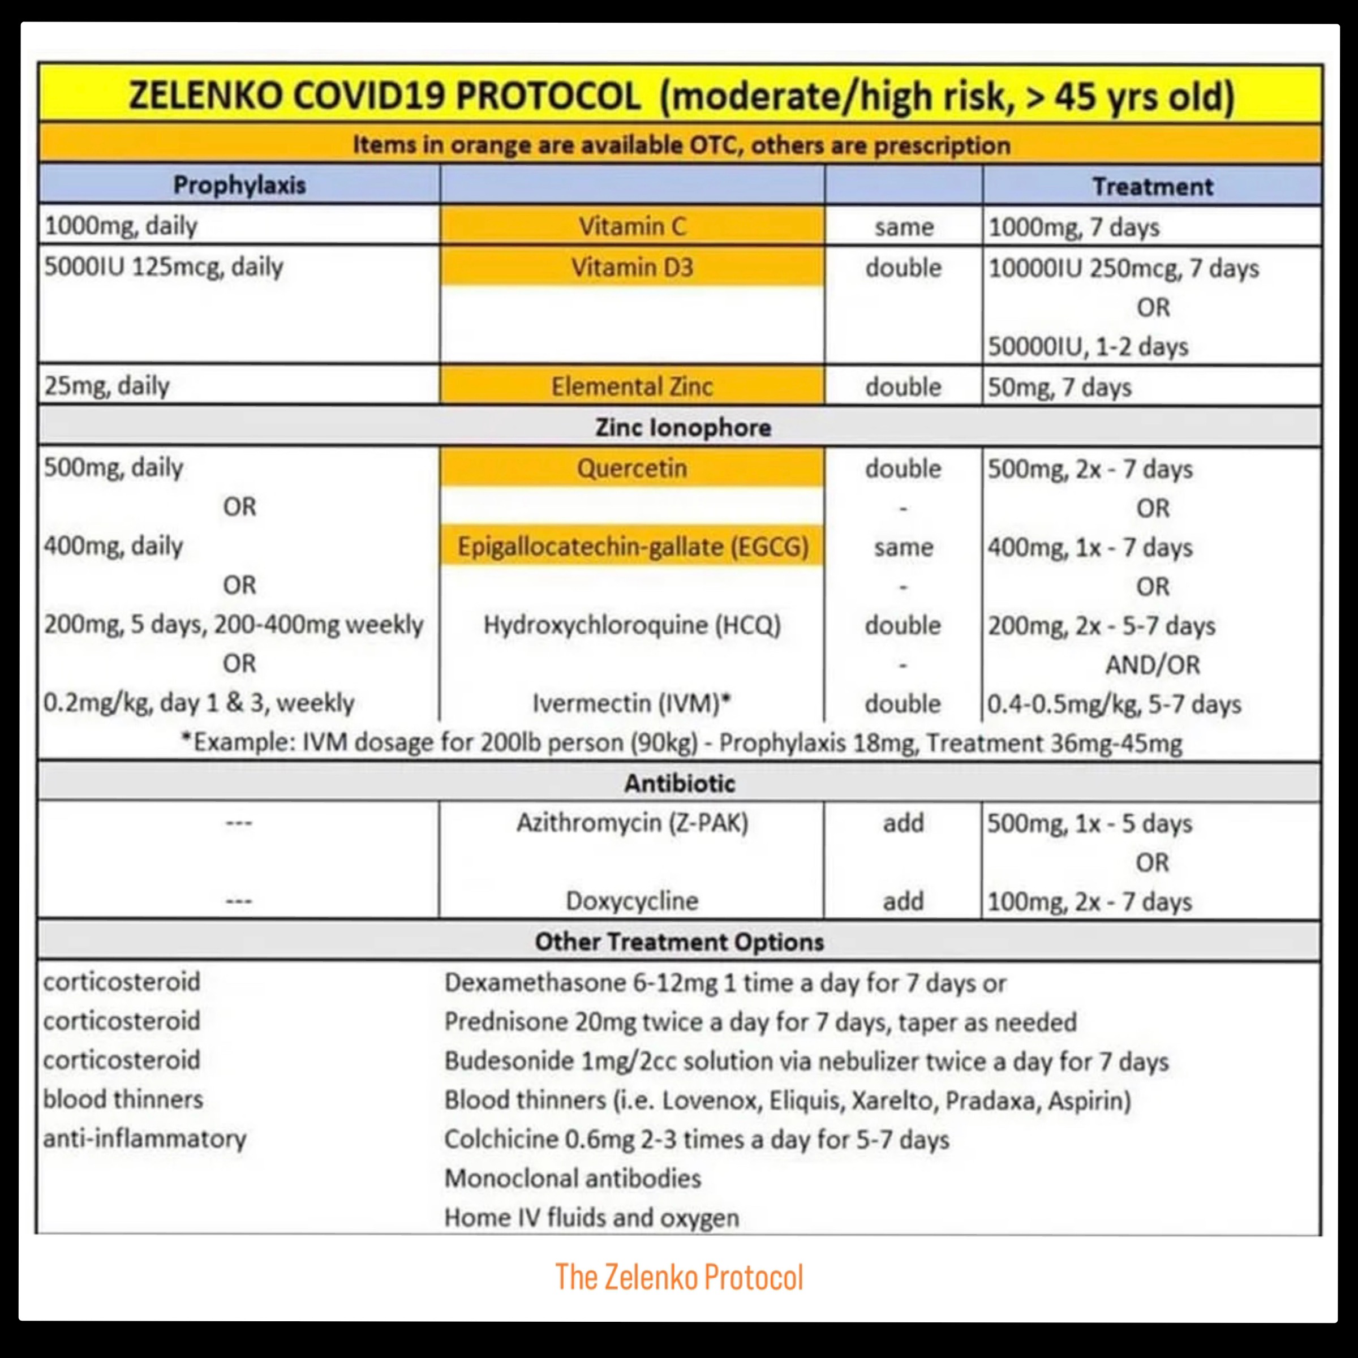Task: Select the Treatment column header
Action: (x=1152, y=186)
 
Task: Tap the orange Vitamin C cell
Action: (x=632, y=226)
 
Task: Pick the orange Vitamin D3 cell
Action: (x=632, y=267)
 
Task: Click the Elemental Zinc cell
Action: (x=632, y=386)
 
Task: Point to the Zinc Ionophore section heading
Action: (x=682, y=427)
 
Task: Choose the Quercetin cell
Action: (x=632, y=468)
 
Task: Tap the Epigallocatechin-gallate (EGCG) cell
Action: (x=633, y=547)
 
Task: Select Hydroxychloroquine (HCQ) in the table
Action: (x=632, y=625)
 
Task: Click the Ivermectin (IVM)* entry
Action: (x=632, y=703)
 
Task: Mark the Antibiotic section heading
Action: (x=680, y=783)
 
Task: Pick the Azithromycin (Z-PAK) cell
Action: (x=632, y=822)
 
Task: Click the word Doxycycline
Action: (x=632, y=900)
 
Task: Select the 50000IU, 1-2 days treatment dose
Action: (x=1088, y=346)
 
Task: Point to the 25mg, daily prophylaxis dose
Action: (x=107, y=386)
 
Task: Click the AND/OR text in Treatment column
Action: (x=1152, y=664)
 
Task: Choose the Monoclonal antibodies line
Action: (x=573, y=1178)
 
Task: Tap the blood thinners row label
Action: (x=123, y=1099)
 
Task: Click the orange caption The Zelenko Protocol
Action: (x=679, y=1277)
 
